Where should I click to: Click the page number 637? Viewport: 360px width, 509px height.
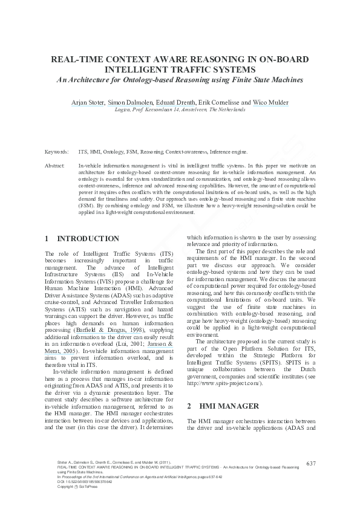click(x=312, y=464)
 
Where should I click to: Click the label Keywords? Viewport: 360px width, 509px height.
click(x=56, y=152)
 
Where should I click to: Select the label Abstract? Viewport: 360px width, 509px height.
click(x=55, y=164)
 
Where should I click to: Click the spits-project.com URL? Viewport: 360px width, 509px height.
click(x=224, y=367)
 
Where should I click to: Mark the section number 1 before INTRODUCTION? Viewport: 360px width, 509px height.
click(x=47, y=239)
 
